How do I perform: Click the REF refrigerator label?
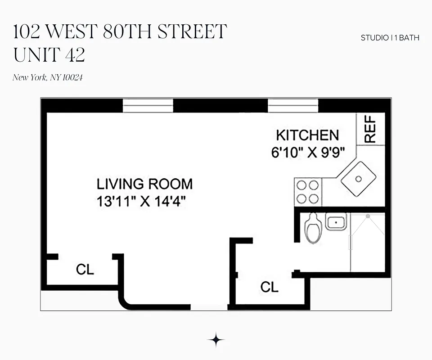[x=370, y=130]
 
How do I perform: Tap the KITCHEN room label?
[x=307, y=135]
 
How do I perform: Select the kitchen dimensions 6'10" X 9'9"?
[x=307, y=152]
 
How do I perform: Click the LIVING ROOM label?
[x=144, y=184]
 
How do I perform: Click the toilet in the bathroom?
[x=312, y=228]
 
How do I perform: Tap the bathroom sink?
[x=336, y=222]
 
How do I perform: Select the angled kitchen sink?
[x=358, y=179]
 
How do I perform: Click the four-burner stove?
[x=308, y=192]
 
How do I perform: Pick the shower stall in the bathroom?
[x=368, y=243]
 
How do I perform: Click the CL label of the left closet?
[x=85, y=270]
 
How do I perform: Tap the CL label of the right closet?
[x=270, y=287]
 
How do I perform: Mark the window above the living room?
[x=148, y=106]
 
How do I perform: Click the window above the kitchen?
[x=293, y=106]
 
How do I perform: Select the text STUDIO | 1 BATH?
[x=390, y=38]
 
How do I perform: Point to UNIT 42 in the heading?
[x=49, y=55]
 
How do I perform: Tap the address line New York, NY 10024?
[x=48, y=77]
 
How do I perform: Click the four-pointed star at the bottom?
[x=216, y=340]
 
